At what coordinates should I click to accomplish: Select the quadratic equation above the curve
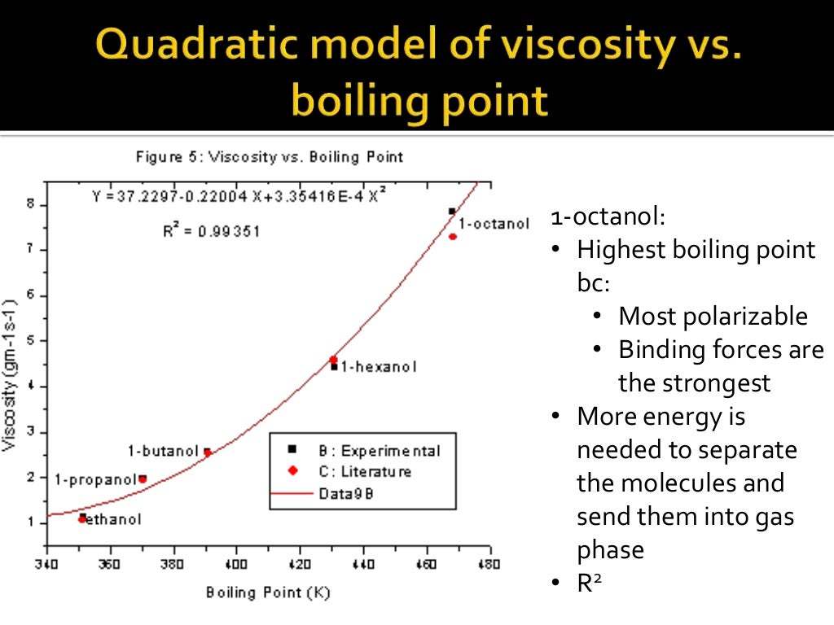click(239, 196)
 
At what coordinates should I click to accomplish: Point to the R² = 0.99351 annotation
click(211, 232)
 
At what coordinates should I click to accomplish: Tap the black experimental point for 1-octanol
click(452, 212)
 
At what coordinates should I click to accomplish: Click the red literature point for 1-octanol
click(453, 237)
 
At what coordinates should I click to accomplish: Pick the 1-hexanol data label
click(378, 367)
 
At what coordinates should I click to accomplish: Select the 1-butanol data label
click(163, 451)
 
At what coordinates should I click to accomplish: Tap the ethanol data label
click(113, 519)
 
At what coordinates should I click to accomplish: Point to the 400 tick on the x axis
click(236, 563)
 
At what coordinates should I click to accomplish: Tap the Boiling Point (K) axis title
click(268, 592)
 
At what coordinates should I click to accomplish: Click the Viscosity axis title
click(10, 374)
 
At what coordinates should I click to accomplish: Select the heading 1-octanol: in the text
click(608, 217)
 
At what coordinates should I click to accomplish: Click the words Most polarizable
click(713, 316)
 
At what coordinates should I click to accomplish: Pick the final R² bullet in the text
click(594, 583)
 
